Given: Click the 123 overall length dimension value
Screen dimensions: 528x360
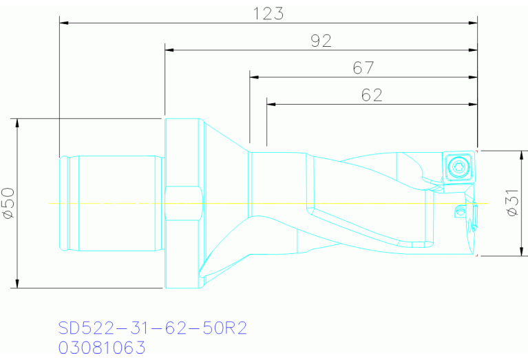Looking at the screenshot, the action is [x=268, y=14].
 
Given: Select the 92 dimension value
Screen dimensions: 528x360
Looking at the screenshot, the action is [x=321, y=41].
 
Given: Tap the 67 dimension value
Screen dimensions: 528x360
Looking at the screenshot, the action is [x=363, y=68].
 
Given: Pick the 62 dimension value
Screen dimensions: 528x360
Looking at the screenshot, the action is [x=372, y=95].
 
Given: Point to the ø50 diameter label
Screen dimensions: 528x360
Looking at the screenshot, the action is [x=9, y=203].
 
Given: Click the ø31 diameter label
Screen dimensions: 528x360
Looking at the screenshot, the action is [x=512, y=202].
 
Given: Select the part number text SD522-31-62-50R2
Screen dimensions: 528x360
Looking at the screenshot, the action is [x=153, y=328].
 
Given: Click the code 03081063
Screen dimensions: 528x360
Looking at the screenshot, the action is [x=102, y=348].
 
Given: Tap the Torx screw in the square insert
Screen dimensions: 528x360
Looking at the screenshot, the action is [x=458, y=167].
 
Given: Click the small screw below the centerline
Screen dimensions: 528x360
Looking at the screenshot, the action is [x=460, y=212].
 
